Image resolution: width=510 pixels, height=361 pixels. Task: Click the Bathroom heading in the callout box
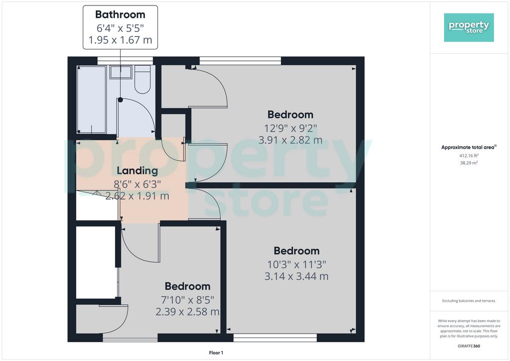point(120,14)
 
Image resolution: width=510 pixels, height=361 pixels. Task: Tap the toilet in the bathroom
point(142,79)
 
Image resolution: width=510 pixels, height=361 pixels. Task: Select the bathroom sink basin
point(121,72)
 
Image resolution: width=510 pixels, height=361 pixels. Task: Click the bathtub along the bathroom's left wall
point(92,100)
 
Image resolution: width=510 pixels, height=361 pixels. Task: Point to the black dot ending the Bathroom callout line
point(121,100)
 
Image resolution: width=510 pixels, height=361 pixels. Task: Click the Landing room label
point(137,171)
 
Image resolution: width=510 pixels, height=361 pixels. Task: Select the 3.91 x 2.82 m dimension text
point(290,140)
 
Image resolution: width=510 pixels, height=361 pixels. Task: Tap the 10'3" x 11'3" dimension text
point(297,264)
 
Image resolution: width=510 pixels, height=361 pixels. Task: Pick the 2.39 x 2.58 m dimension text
point(187,312)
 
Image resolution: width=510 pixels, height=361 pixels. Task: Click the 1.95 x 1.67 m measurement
point(121,40)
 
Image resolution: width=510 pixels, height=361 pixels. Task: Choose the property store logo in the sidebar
point(469,27)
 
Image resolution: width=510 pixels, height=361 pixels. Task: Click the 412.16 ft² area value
point(469,156)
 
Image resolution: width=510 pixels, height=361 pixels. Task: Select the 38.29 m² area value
point(469,163)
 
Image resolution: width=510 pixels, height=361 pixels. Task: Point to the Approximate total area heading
point(469,147)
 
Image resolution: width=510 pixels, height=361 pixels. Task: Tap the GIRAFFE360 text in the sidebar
point(469,346)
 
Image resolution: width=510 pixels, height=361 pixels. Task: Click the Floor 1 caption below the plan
point(216,353)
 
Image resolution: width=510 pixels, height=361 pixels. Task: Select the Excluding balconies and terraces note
point(469,301)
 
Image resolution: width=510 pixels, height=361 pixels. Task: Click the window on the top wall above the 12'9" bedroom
point(240,61)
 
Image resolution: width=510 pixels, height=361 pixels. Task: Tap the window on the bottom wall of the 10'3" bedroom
point(275,338)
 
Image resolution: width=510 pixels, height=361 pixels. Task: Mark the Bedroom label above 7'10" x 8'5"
point(188,286)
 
